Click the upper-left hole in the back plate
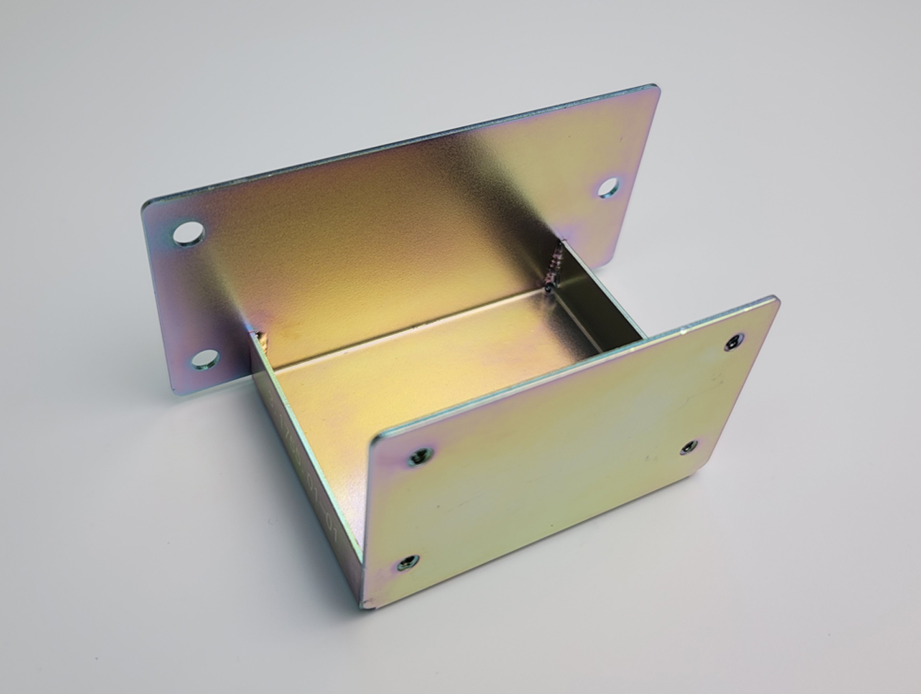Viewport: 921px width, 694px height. (188, 233)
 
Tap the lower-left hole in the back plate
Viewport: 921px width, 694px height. (204, 360)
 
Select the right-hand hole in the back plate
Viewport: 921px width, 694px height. (609, 186)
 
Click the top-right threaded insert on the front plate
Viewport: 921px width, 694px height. (734, 342)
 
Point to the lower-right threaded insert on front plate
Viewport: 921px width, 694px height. (689, 448)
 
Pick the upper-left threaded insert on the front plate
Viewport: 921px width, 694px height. (420, 455)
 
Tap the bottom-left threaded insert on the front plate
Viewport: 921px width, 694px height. (407, 563)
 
